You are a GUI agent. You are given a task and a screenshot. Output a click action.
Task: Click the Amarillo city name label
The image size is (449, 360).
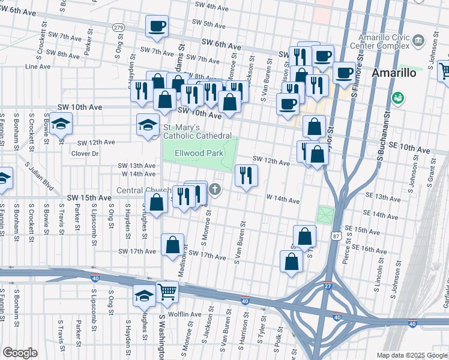coord(394,73)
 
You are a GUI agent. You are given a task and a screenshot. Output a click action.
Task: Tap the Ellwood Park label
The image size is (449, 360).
coord(199,154)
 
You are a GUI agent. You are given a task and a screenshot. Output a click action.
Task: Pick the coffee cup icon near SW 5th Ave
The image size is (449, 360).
coord(157,26)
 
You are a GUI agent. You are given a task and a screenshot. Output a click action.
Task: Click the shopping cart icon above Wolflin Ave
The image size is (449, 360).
coord(167,292)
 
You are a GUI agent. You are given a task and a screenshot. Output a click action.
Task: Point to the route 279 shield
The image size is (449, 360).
coord(119,28)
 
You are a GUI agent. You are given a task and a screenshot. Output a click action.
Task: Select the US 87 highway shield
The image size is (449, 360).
coord(335,237)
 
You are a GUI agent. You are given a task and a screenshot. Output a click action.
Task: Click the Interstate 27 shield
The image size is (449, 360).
coord(328,286)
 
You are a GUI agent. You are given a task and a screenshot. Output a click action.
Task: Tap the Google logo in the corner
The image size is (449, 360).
coord(20,353)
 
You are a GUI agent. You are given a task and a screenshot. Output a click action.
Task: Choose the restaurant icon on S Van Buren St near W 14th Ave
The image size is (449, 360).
coord(246,175)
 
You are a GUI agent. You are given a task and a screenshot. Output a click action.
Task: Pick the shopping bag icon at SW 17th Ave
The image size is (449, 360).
coord(172,244)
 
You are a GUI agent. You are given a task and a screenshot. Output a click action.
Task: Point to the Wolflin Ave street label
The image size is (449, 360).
coord(185,314)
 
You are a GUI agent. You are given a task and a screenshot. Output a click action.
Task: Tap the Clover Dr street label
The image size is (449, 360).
coord(85,154)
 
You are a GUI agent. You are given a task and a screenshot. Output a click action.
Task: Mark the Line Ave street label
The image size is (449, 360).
coord(38,66)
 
